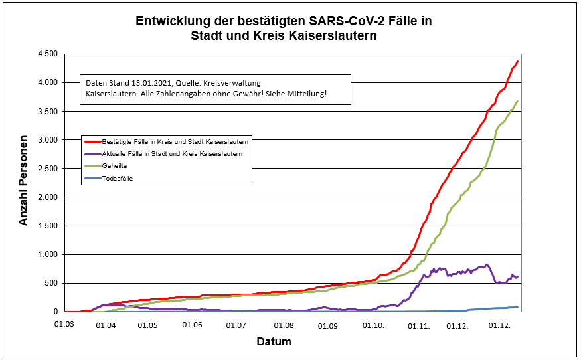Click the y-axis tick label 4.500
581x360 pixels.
coord(48,54)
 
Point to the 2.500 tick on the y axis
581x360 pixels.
coord(48,169)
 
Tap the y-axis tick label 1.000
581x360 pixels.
coord(48,254)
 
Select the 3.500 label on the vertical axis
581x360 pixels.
coord(48,111)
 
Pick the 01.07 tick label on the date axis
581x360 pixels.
coord(236,325)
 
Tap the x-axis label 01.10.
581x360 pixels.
coord(374,325)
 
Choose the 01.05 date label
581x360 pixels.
coord(147,325)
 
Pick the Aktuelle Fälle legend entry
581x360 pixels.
coord(172,153)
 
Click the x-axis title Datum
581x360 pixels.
coord(274,342)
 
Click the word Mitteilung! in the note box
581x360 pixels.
coord(308,94)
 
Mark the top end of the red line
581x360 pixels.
coord(517,61)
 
